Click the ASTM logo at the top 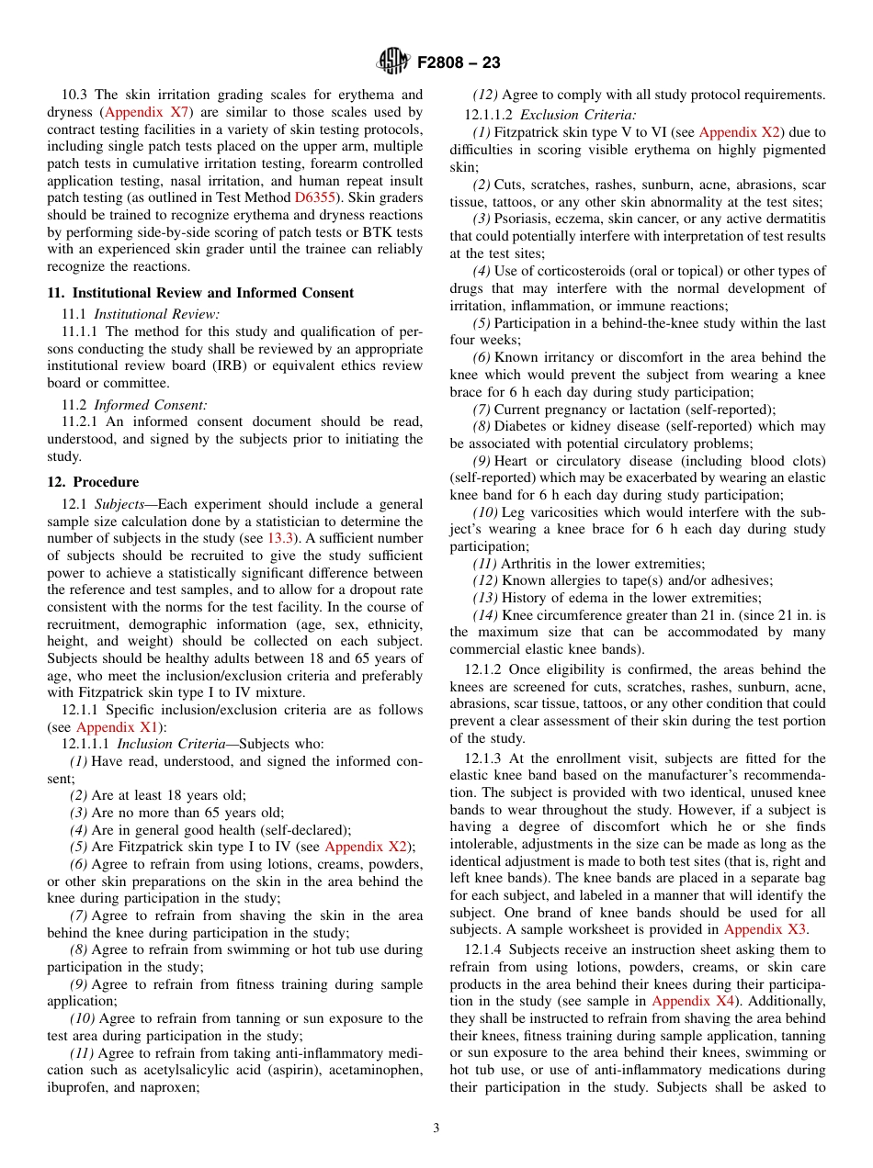pyautogui.click(x=394, y=62)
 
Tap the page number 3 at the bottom pyautogui.click(x=436, y=1128)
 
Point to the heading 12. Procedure pyautogui.click(x=94, y=482)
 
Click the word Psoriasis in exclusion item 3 pyautogui.click(x=525, y=219)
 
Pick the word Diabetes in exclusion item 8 pyautogui.click(x=523, y=426)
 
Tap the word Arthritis pyautogui.click(x=528, y=564)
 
